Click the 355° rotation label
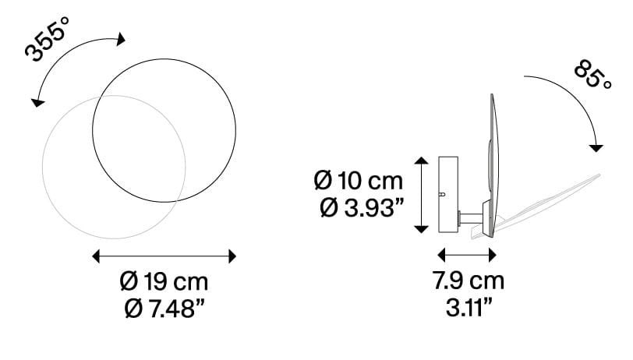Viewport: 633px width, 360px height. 48,39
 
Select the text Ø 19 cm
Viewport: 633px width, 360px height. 164,282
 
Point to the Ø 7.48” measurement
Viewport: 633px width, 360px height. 164,309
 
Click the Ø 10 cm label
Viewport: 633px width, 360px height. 359,181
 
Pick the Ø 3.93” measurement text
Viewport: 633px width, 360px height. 362,208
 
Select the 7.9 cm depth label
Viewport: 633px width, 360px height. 469,281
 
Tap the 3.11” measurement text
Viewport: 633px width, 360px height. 469,308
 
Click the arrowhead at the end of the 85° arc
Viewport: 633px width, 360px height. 596,148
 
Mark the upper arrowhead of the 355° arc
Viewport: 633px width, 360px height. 120,39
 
